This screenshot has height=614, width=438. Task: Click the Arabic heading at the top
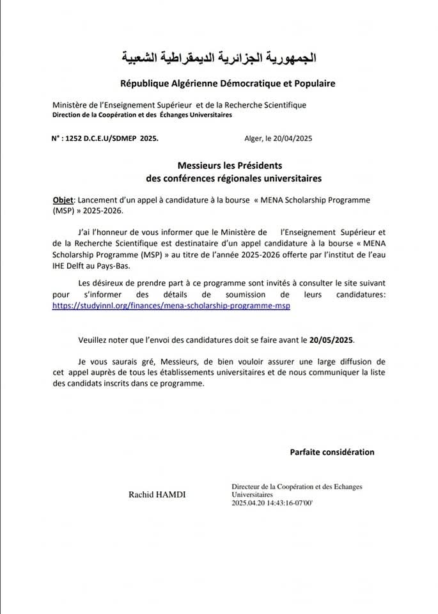(x=219, y=59)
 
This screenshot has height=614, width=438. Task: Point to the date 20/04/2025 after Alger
(x=293, y=138)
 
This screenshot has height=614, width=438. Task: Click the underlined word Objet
(x=63, y=200)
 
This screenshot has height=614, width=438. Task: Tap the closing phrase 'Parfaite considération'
(x=332, y=452)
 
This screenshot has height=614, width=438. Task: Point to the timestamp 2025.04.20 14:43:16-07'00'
(x=272, y=503)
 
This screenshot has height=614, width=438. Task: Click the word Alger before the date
(x=253, y=138)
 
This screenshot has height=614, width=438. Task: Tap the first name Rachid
(x=140, y=494)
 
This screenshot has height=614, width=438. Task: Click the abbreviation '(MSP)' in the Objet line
(x=64, y=210)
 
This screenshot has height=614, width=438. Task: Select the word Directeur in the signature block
(x=247, y=487)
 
